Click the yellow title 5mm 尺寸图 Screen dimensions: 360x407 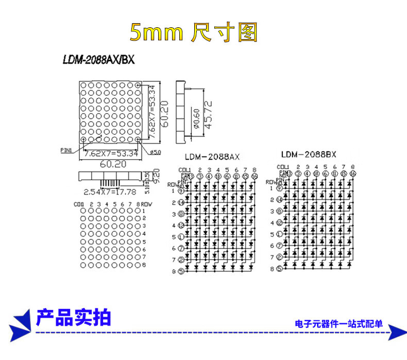click(x=193, y=32)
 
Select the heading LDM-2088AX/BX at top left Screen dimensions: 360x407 click(x=98, y=60)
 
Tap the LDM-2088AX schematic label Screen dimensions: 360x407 click(x=212, y=157)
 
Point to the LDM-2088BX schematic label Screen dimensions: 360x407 click(x=309, y=155)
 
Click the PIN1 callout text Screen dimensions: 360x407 click(x=66, y=150)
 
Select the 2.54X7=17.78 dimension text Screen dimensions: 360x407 click(x=109, y=193)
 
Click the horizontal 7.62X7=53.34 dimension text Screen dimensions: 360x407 click(x=111, y=153)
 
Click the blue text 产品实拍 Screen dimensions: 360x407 click(x=74, y=318)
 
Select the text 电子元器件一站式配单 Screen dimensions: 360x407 click(x=338, y=324)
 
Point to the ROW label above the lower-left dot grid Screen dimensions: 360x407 click(x=147, y=204)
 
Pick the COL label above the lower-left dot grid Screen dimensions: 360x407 click(x=79, y=204)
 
